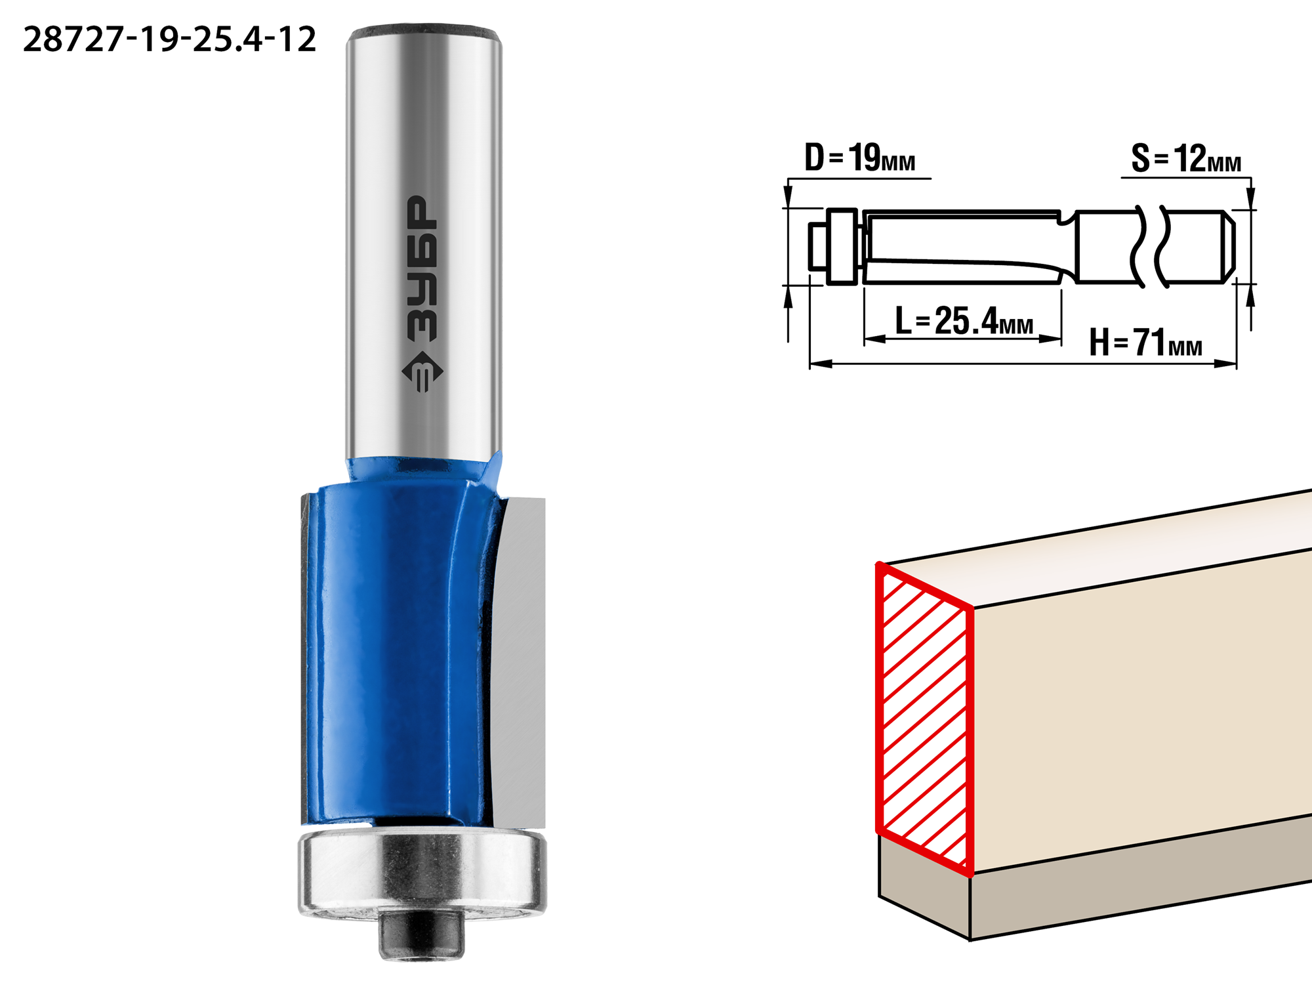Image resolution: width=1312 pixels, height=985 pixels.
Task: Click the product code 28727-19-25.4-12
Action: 169,39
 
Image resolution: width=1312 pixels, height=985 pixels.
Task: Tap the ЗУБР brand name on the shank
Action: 422,268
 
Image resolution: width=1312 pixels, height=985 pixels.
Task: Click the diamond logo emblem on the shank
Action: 422,371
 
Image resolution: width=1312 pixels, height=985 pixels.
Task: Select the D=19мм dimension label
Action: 859,158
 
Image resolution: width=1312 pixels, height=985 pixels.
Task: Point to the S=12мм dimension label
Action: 1186,159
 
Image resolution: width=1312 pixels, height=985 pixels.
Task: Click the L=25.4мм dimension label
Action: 964,321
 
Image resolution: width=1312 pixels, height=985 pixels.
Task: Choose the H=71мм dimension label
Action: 1145,342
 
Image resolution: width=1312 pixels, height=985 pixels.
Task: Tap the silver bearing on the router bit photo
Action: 422,873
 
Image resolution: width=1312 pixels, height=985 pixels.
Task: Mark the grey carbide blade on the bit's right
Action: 518,663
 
